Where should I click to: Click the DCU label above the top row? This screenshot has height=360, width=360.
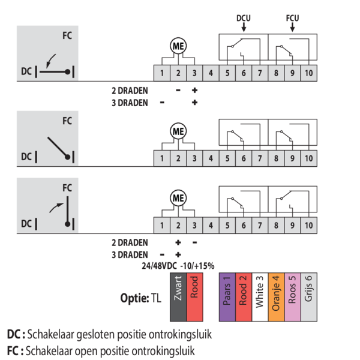click(x=243, y=18)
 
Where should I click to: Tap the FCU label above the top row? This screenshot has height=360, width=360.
click(x=292, y=18)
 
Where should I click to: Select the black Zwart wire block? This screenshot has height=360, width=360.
click(x=178, y=290)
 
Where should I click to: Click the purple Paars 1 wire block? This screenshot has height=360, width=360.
click(x=226, y=290)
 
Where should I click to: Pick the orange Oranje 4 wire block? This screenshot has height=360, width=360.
click(x=275, y=290)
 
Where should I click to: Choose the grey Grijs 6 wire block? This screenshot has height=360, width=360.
click(x=307, y=290)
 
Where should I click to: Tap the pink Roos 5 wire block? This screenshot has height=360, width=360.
click(x=291, y=290)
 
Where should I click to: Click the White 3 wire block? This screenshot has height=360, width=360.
click(x=259, y=290)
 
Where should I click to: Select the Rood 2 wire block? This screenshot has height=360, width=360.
click(x=242, y=290)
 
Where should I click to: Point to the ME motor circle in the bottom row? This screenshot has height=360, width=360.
click(x=178, y=197)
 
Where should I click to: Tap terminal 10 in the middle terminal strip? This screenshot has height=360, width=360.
click(x=308, y=159)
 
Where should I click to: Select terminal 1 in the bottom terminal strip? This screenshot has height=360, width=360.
click(x=162, y=226)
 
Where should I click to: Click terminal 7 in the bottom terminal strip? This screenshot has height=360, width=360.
click(x=259, y=226)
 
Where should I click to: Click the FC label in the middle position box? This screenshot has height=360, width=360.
click(x=67, y=120)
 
